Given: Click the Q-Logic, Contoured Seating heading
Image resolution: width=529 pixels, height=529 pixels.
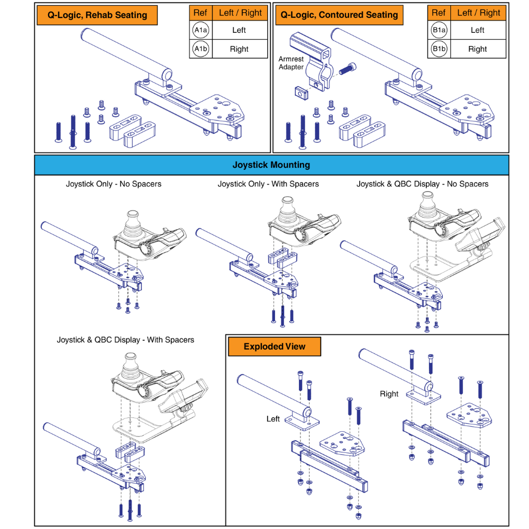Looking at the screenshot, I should point(339,15).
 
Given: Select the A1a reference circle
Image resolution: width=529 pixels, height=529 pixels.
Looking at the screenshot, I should point(200,30).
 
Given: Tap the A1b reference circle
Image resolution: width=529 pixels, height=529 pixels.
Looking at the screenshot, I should point(200,49).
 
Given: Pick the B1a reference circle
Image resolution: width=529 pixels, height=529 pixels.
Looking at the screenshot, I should point(439,30).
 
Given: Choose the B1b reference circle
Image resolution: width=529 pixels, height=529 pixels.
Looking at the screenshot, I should point(439,49).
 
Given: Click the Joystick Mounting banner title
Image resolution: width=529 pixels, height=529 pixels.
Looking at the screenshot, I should point(271,165).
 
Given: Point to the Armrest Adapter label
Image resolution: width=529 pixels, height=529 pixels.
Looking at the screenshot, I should point(291,63).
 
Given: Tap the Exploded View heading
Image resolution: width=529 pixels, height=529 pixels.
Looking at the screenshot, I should point(275,347).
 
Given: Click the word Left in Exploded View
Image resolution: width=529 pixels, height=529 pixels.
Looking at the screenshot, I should point(273,419).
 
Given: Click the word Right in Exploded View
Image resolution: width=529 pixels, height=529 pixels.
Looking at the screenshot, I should point(389,394).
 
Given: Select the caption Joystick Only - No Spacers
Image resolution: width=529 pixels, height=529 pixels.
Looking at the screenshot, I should point(114,184).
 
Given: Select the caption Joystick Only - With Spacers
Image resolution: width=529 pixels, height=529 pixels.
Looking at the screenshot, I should point(268,184).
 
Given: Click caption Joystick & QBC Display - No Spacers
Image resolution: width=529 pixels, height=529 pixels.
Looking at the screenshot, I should point(422,184).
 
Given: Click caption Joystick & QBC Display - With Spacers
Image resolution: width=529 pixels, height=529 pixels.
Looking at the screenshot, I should point(125,340).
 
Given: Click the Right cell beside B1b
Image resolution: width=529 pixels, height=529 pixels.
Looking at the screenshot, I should point(477,49).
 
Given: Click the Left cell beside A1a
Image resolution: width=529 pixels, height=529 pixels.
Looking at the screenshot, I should point(239,30).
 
